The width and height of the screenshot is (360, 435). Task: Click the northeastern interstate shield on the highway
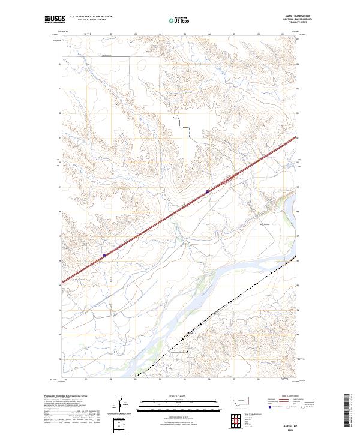[x=208, y=191]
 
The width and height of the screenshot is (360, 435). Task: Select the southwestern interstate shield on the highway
[x=104, y=255]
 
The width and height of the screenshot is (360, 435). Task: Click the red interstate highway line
[x=156, y=223]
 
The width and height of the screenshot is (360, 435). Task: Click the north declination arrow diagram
[x=122, y=402]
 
